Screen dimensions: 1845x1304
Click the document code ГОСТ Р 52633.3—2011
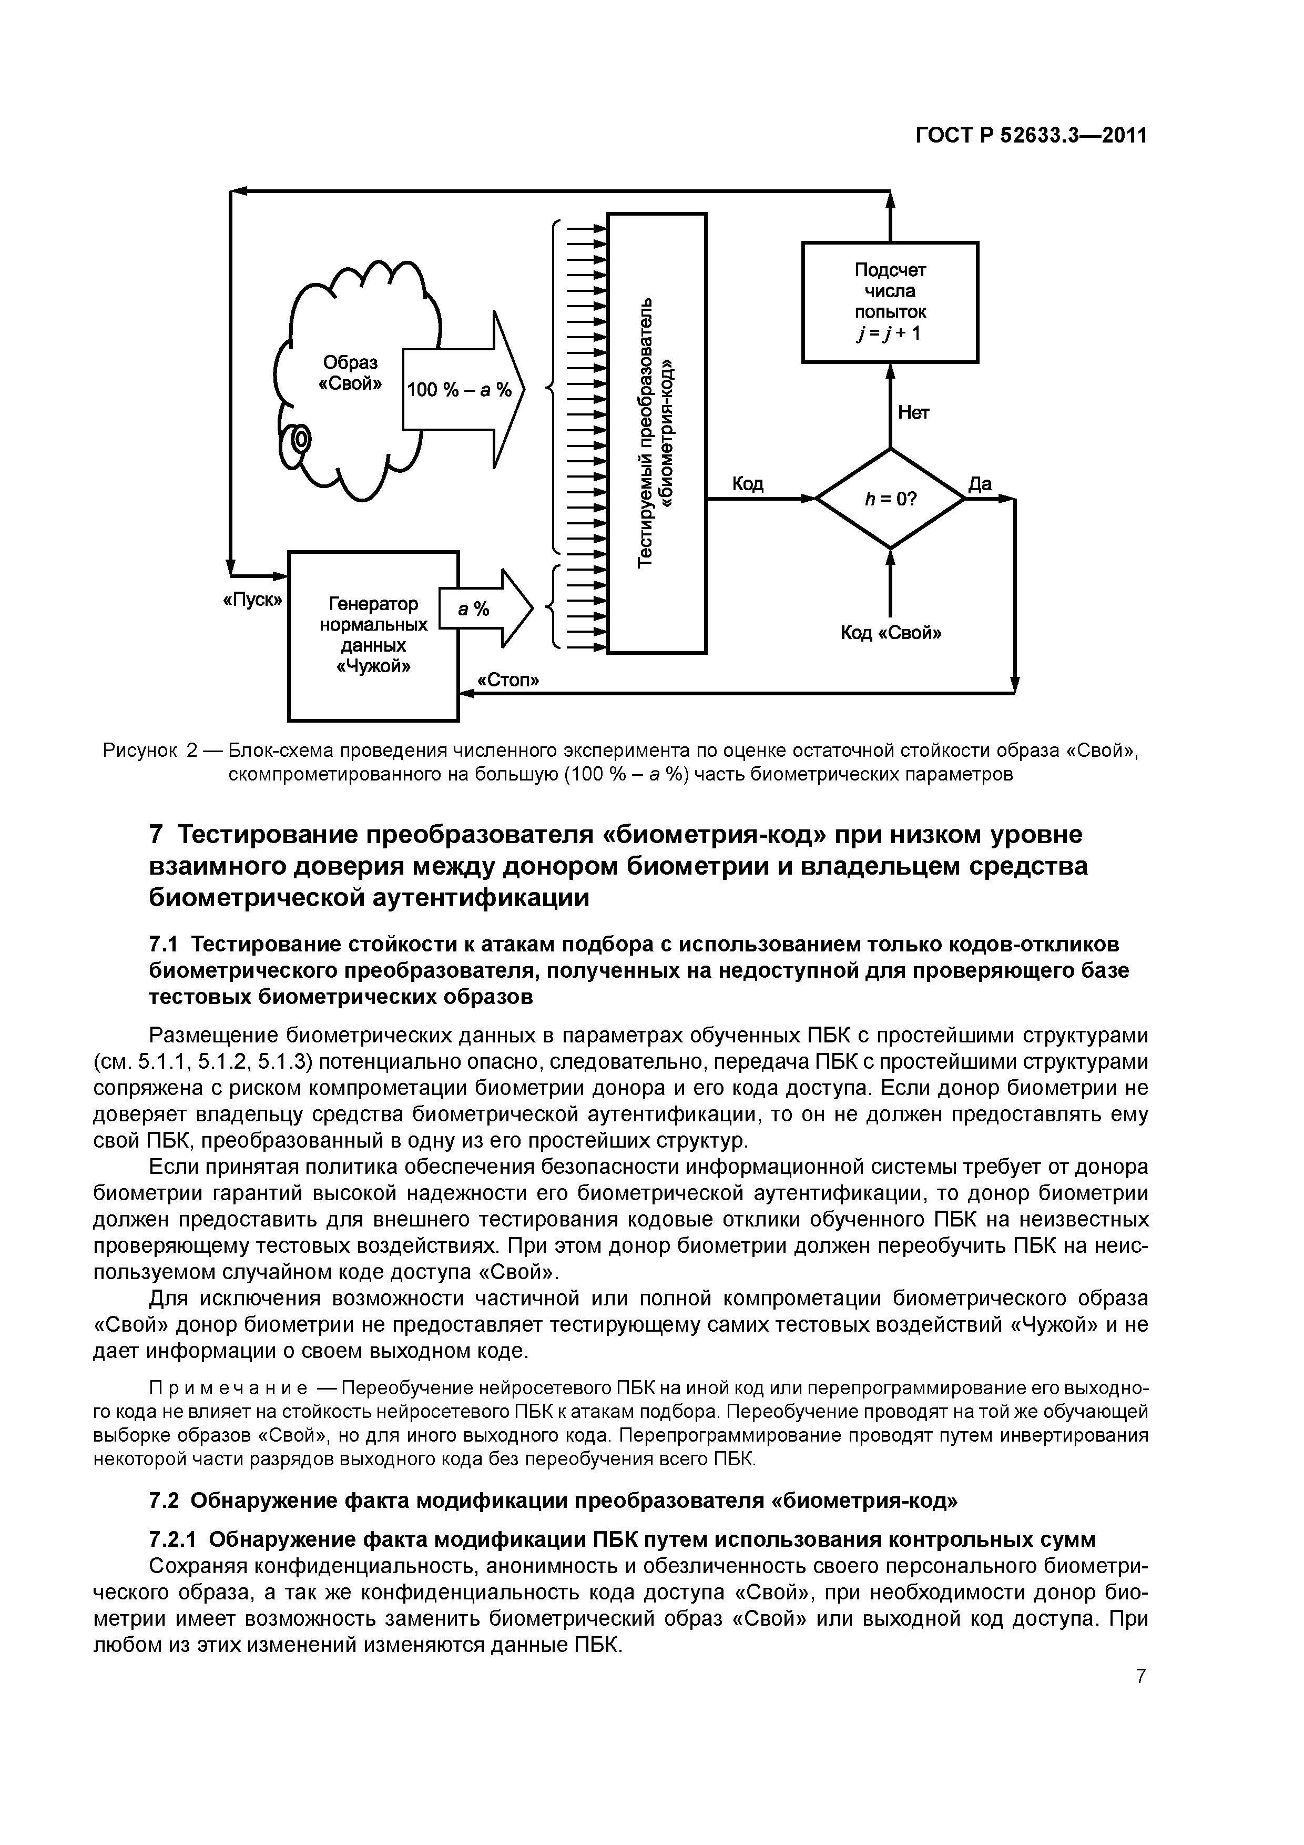(1031, 137)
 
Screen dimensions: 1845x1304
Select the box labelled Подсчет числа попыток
(890, 301)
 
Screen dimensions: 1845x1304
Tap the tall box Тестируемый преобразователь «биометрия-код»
(656, 433)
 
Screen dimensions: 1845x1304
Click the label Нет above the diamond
(913, 413)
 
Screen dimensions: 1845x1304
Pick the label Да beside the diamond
(980, 484)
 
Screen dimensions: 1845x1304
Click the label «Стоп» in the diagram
(508, 681)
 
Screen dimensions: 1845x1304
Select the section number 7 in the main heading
(157, 835)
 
